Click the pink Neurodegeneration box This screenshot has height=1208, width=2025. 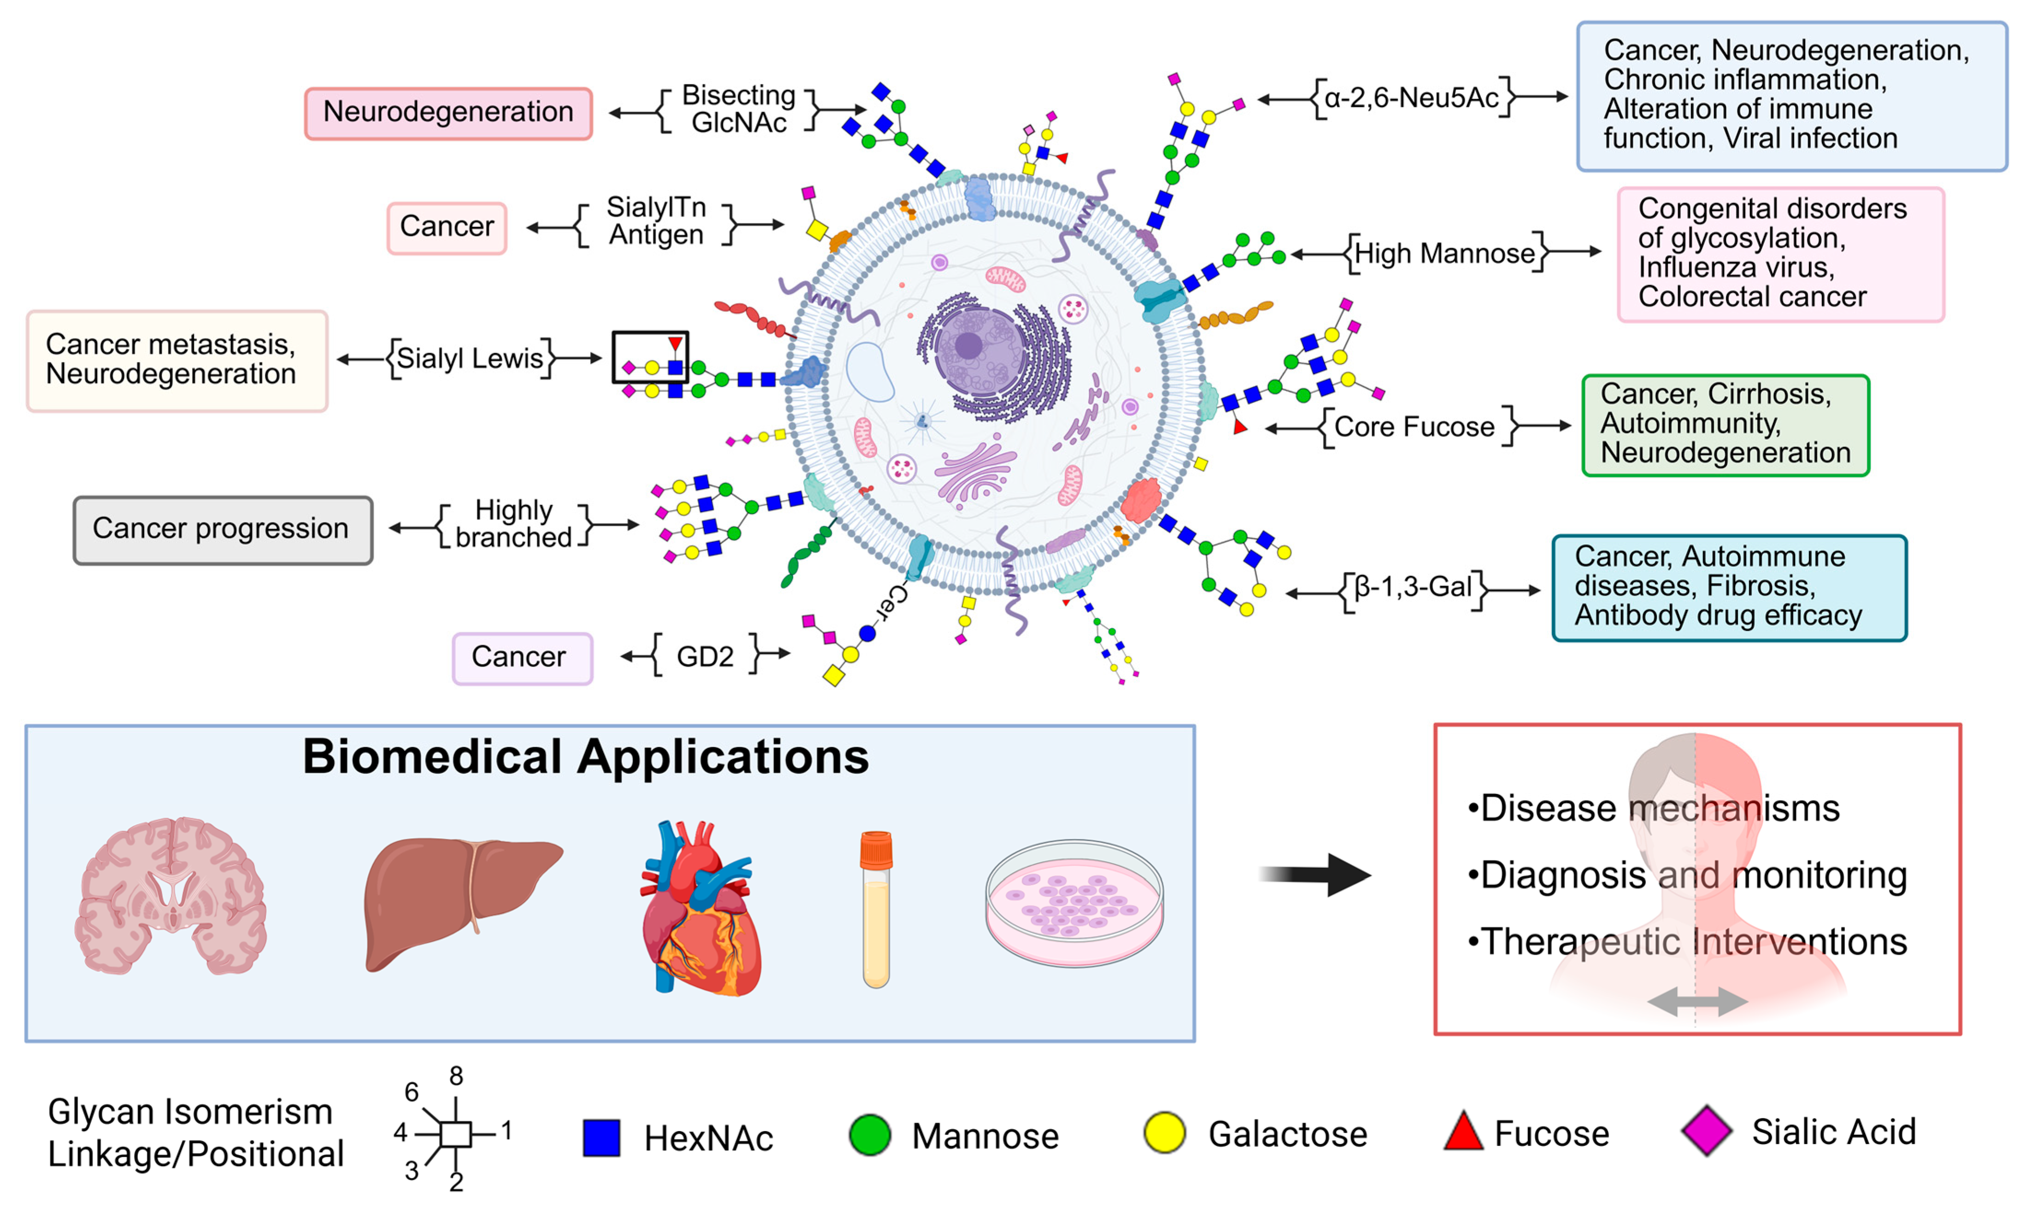click(448, 113)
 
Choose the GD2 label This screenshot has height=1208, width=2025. click(704, 656)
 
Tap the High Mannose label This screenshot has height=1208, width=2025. click(1444, 253)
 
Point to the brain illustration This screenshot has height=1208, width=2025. click(171, 895)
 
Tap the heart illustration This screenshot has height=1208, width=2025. click(700, 908)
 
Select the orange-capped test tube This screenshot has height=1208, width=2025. click(876, 908)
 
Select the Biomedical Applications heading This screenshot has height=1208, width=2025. click(586, 757)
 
